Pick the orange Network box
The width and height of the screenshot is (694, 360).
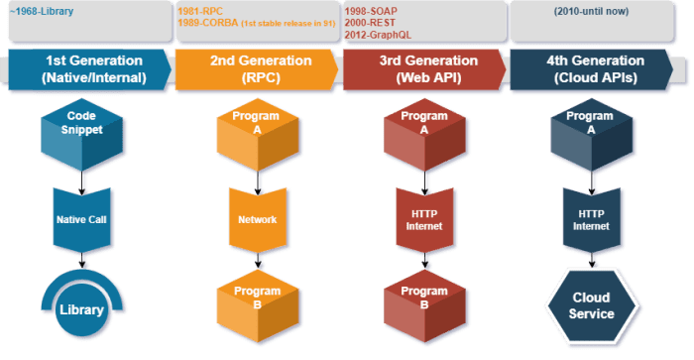pos(257,220)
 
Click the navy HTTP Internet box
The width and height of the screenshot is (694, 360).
pos(591,220)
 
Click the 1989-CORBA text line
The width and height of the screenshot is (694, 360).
pos(251,22)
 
